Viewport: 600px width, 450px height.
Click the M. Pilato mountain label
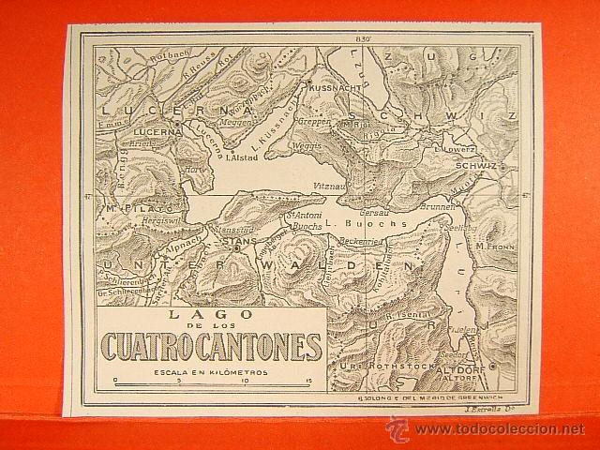(129, 203)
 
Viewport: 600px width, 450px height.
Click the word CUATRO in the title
(156, 346)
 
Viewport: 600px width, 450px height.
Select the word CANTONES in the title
(267, 346)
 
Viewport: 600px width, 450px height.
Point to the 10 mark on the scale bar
(245, 381)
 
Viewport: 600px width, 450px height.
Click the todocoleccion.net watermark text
(499, 430)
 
